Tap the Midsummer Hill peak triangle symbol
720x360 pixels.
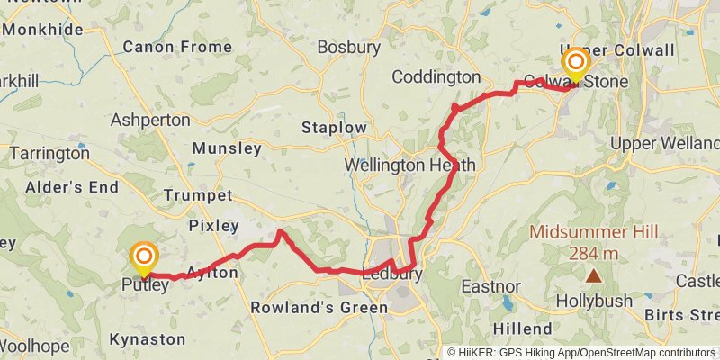pos(593,276)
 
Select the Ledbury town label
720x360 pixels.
pos(391,274)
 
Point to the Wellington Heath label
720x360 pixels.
pos(409,166)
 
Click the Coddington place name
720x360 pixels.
pos(436,77)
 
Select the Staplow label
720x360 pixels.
pos(335,128)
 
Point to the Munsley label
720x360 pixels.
pos(226,148)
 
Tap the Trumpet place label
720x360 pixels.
pos(198,195)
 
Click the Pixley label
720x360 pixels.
pos(214,226)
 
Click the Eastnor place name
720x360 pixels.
pos(491,286)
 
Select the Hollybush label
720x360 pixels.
pos(593,300)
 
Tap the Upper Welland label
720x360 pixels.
pos(665,143)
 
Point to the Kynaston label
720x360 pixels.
pos(147,339)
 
